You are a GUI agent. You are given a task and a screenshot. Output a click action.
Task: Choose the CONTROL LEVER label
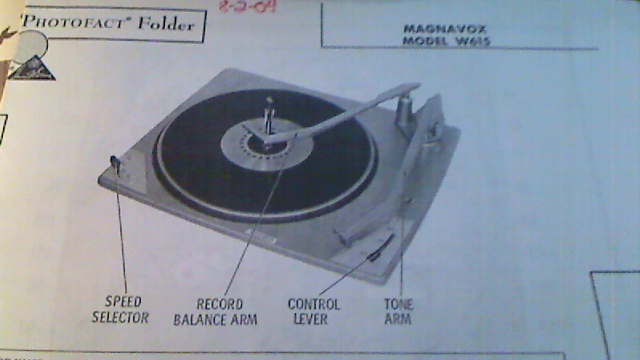pos(313,311)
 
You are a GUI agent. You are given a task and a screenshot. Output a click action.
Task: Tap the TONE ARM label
pos(397,311)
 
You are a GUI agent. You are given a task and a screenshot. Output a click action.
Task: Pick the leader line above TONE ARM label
pos(402,250)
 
